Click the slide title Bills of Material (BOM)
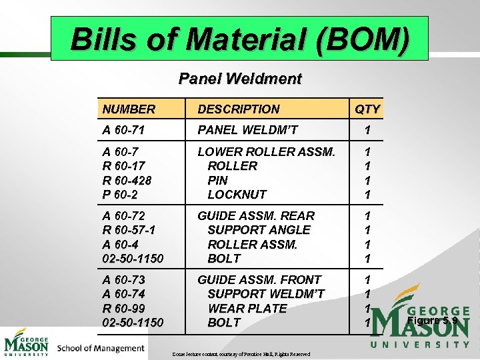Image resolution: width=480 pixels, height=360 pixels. (239, 39)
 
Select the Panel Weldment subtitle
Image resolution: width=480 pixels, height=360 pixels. (239, 79)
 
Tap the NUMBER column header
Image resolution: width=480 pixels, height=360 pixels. (129, 109)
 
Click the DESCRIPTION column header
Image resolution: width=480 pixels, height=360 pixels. (239, 109)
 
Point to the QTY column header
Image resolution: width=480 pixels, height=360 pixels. (367, 109)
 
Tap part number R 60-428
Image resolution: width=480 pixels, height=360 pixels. (127, 180)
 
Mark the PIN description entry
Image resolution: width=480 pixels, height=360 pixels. (218, 180)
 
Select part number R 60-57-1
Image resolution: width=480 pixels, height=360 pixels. (130, 230)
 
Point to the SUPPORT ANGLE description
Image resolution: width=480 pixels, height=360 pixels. (259, 230)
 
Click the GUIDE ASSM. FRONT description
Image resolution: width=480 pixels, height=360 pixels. (259, 279)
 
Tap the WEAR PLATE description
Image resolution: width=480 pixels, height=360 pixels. (247, 308)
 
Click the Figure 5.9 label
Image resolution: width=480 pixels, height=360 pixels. (432, 321)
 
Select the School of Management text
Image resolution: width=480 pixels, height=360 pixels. (101, 348)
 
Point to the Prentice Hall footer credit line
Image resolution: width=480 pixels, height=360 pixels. (241, 354)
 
